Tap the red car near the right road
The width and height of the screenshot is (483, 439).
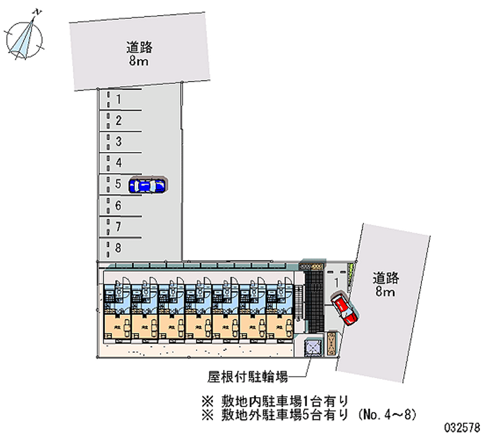click(x=344, y=308)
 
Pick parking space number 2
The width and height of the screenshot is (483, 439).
click(x=119, y=121)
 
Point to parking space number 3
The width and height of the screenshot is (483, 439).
click(x=119, y=142)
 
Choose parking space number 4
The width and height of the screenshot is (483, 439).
click(x=119, y=163)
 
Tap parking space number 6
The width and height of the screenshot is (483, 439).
click(x=119, y=206)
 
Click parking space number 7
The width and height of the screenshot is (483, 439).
click(x=119, y=227)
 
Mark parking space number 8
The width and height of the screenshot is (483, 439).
click(x=119, y=248)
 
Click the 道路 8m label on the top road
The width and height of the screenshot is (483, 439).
click(x=139, y=54)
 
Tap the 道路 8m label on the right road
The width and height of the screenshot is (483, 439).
click(x=385, y=285)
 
